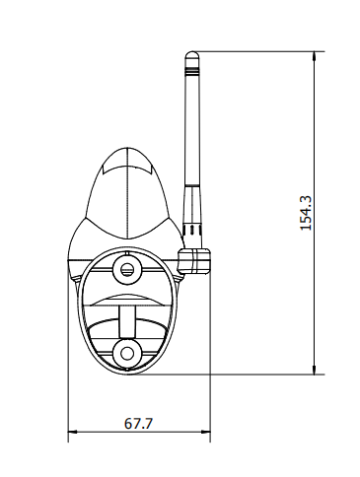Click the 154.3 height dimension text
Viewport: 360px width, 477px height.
click(306, 213)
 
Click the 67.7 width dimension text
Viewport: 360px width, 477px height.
click(138, 423)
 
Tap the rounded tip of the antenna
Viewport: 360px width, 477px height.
click(192, 54)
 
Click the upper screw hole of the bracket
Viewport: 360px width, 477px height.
click(127, 270)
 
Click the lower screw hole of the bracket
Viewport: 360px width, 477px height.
click(127, 354)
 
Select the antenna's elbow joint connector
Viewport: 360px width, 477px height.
click(194, 261)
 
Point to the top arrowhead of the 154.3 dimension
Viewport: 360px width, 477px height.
click(315, 56)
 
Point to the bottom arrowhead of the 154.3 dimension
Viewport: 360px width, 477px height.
click(315, 370)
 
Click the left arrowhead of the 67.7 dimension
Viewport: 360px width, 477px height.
click(73, 432)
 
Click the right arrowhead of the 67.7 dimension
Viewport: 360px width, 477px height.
click(205, 432)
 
